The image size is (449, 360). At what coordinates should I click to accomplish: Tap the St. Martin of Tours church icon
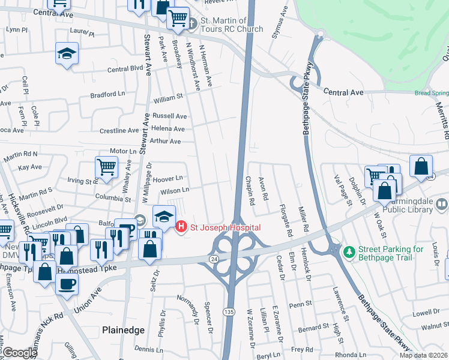(191, 25)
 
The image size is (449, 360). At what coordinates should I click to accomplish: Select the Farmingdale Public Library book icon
(442, 205)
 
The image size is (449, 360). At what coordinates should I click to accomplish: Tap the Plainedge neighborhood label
(122, 329)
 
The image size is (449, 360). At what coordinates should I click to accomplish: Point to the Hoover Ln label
(167, 178)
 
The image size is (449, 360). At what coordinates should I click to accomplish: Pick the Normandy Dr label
(191, 305)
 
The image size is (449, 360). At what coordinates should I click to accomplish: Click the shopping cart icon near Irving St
(106, 167)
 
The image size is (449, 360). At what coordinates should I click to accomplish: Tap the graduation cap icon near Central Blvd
(67, 53)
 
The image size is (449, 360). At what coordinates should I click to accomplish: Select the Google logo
(19, 353)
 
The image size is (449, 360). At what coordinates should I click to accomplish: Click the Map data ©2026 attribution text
(423, 355)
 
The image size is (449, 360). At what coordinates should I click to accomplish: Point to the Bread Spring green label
(431, 93)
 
